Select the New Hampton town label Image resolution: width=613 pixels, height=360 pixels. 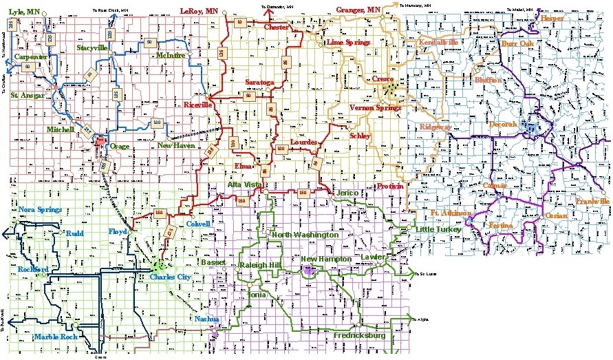click(327, 258)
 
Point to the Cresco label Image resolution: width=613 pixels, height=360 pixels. click(383, 80)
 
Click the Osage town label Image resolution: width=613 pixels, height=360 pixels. click(120, 146)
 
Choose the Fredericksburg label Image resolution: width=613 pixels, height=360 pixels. click(360, 336)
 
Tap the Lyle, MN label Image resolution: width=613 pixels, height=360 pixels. click(24, 12)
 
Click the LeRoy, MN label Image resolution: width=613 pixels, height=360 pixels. click(199, 12)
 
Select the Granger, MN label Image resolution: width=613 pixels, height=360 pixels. click(358, 10)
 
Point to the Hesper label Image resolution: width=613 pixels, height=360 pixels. click(552, 19)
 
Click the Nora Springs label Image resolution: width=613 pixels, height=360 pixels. click(40, 209)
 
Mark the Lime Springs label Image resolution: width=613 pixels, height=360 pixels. click(348, 43)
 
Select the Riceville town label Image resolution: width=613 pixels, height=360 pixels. click(198, 105)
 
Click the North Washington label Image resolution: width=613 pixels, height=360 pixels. click(305, 235)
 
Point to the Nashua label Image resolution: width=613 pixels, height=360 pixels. click(207, 319)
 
